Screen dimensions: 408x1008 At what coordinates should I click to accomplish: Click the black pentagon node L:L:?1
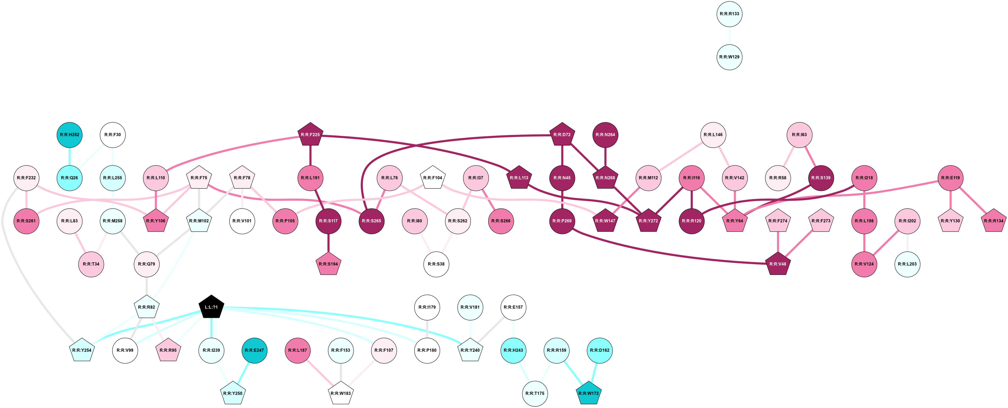coord(211,307)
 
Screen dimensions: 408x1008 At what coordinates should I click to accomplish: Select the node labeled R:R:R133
coord(729,14)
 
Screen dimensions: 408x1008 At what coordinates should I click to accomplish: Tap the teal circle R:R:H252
coord(70,135)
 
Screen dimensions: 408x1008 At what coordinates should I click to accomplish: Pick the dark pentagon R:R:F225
coord(310,135)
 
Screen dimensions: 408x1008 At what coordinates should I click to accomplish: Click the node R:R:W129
coord(729,57)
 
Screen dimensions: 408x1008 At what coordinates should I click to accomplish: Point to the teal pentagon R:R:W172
coord(589,393)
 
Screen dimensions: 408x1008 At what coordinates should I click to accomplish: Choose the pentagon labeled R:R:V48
coord(777,264)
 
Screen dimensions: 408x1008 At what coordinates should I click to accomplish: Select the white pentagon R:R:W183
coord(340,393)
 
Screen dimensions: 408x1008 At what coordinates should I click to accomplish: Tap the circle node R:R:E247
coord(254,350)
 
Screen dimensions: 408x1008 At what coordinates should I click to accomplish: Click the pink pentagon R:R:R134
coord(993,221)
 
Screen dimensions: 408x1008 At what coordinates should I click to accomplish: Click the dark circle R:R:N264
coord(605,135)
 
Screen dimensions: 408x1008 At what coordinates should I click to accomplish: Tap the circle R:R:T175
coord(535,393)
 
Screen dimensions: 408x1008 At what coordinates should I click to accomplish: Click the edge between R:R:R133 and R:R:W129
coord(729,36)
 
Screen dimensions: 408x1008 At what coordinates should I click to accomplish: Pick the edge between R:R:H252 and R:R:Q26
coord(70,156)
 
